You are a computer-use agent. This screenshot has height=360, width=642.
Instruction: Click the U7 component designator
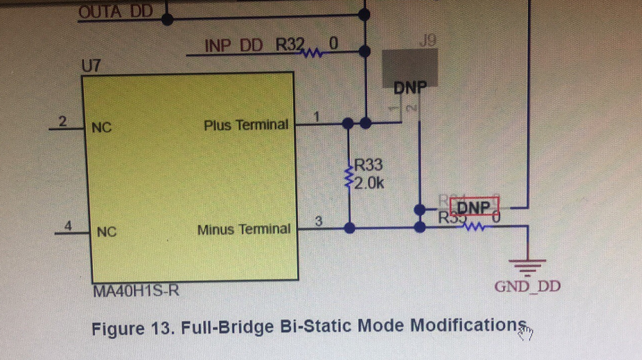[x=91, y=66]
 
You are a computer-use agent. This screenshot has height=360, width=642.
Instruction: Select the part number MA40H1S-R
[x=136, y=291]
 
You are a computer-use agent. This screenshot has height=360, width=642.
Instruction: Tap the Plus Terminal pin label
[x=246, y=125]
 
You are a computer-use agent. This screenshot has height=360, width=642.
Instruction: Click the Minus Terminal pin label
[x=243, y=229]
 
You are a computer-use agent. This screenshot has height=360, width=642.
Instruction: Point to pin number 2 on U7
[x=62, y=121]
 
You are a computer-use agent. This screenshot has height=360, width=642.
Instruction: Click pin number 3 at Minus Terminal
[x=318, y=221]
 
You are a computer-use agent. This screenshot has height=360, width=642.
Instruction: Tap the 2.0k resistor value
[x=369, y=184]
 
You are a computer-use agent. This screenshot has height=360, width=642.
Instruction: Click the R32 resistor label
[x=290, y=45]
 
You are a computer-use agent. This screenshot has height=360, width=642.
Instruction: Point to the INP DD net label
[x=233, y=46]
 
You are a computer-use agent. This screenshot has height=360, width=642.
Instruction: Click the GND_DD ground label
[x=527, y=286]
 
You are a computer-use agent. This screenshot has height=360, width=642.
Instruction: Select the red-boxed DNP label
[x=474, y=208]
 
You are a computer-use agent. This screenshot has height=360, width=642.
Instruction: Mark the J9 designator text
[x=427, y=42]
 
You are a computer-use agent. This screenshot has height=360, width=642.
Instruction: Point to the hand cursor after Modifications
[x=526, y=332]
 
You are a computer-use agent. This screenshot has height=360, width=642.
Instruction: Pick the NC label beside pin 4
[x=107, y=231]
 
